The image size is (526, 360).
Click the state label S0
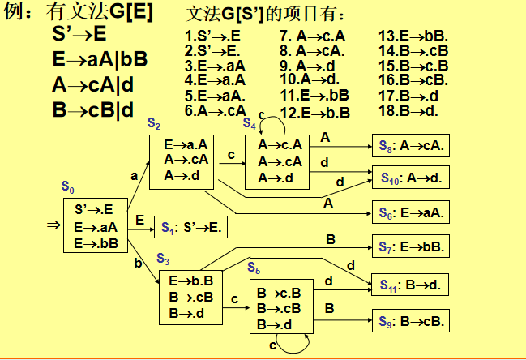coord(68,187)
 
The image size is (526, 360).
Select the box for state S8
coord(410,147)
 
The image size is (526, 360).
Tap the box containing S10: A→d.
coord(410,178)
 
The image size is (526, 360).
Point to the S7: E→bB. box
coord(410,246)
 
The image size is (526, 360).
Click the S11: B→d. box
coord(410,285)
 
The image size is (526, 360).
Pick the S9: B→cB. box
coord(410,320)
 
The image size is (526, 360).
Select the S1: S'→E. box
coord(190,229)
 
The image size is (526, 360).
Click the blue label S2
coord(153,122)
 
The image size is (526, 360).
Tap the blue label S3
coord(162,259)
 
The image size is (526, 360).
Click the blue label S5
coord(254,268)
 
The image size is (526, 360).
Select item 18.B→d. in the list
coord(408,110)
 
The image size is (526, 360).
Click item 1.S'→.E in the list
coord(212,36)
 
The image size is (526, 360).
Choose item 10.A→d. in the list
coord(309,79)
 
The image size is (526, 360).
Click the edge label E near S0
coord(139,220)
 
